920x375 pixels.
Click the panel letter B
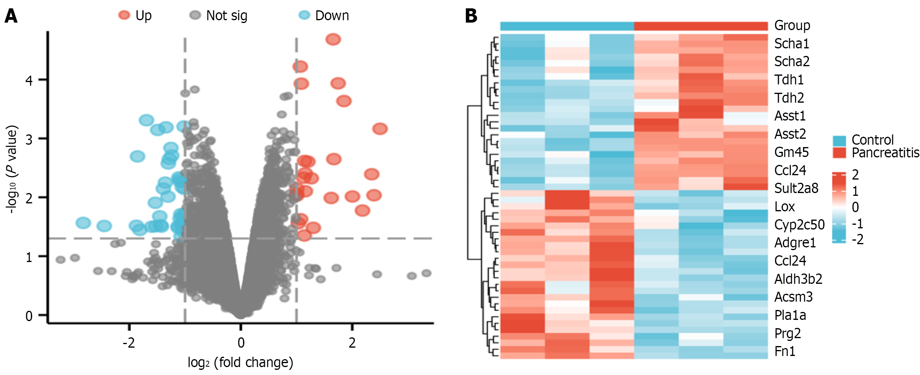pyautogui.click(x=471, y=16)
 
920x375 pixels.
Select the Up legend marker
pyautogui.click(x=124, y=15)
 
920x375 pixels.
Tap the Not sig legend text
pyautogui.click(x=226, y=15)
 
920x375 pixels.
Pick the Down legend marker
pyautogui.click(x=304, y=15)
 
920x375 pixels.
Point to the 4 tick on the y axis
pyautogui.click(x=29, y=80)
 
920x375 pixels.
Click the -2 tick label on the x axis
pyautogui.click(x=128, y=342)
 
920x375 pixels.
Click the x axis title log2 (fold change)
pyautogui.click(x=240, y=362)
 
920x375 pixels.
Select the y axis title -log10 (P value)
pyautogui.click(x=12, y=169)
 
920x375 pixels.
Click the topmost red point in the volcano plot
pyautogui.click(x=333, y=39)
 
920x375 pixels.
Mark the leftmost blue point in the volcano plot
pyautogui.click(x=83, y=223)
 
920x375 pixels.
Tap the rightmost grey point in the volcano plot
pyautogui.click(x=426, y=273)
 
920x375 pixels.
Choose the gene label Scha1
pyautogui.click(x=792, y=43)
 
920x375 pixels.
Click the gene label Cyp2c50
pyautogui.click(x=799, y=225)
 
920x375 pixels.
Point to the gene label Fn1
pyautogui.click(x=785, y=351)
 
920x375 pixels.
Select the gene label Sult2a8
pyautogui.click(x=796, y=188)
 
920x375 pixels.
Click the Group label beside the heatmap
pyautogui.click(x=792, y=25)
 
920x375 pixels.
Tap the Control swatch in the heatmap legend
pyautogui.click(x=839, y=140)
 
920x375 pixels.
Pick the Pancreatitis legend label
pyautogui.click(x=885, y=153)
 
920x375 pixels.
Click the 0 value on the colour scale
pyautogui.click(x=855, y=207)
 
